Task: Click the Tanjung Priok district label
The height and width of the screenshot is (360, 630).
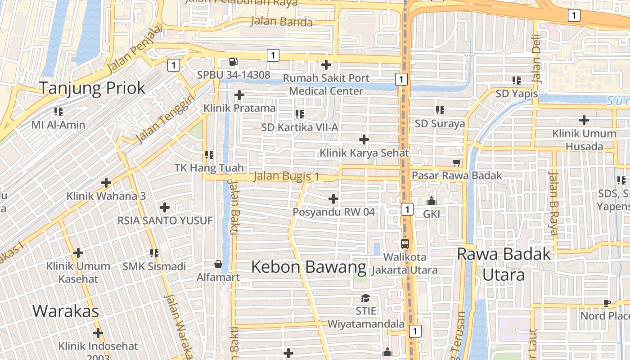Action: click(92, 88)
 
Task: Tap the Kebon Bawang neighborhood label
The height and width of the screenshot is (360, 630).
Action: click(308, 267)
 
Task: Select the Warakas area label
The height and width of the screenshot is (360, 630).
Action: click(66, 311)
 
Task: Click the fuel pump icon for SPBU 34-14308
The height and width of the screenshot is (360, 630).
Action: click(233, 62)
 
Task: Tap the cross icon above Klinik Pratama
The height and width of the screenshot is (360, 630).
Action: click(239, 95)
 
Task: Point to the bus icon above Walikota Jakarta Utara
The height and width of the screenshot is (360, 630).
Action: click(405, 244)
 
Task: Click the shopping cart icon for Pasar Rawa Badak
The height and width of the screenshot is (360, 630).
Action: click(457, 162)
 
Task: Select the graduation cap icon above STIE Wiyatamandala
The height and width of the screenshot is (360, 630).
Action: click(365, 298)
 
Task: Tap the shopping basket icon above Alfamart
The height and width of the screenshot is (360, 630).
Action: click(218, 264)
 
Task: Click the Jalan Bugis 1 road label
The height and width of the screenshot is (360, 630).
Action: click(286, 176)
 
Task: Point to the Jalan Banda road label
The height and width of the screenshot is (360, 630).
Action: click(281, 22)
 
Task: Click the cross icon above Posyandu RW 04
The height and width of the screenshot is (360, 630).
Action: click(333, 198)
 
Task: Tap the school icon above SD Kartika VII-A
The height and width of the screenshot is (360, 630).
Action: click(300, 114)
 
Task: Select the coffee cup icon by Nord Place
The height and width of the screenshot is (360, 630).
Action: click(607, 303)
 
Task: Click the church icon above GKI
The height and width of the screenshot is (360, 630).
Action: click(432, 201)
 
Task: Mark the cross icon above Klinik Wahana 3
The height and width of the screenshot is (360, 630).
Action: click(106, 183)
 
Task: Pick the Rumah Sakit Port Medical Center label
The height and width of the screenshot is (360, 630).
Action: click(326, 85)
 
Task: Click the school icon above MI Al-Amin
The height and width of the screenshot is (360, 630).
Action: click(58, 111)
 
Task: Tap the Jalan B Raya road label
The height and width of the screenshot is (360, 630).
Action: click(553, 203)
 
